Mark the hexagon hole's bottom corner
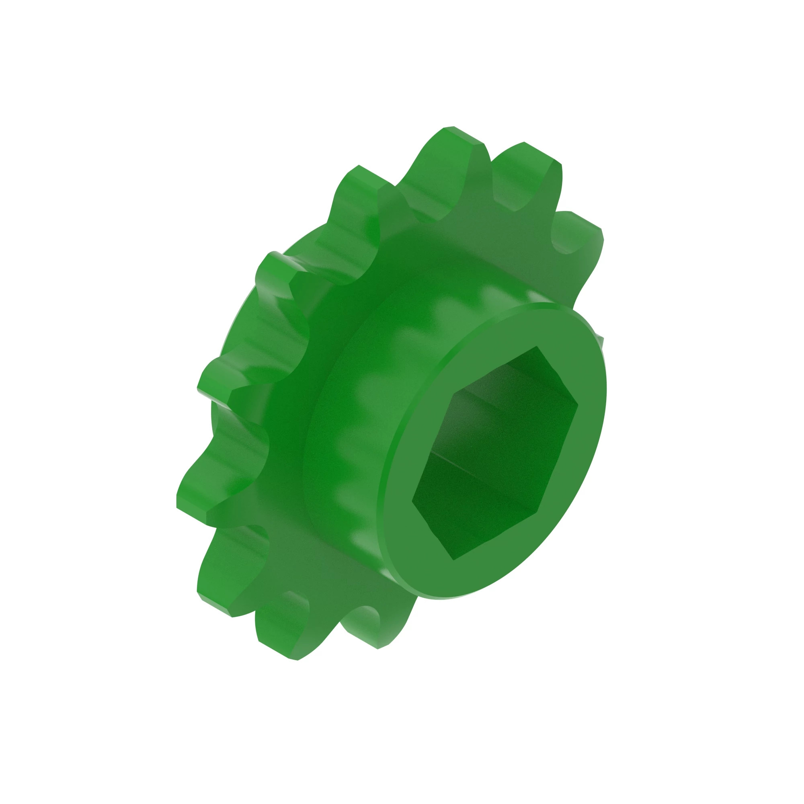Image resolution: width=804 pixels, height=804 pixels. point(453,559)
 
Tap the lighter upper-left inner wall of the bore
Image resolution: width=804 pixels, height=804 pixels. point(449,420)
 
